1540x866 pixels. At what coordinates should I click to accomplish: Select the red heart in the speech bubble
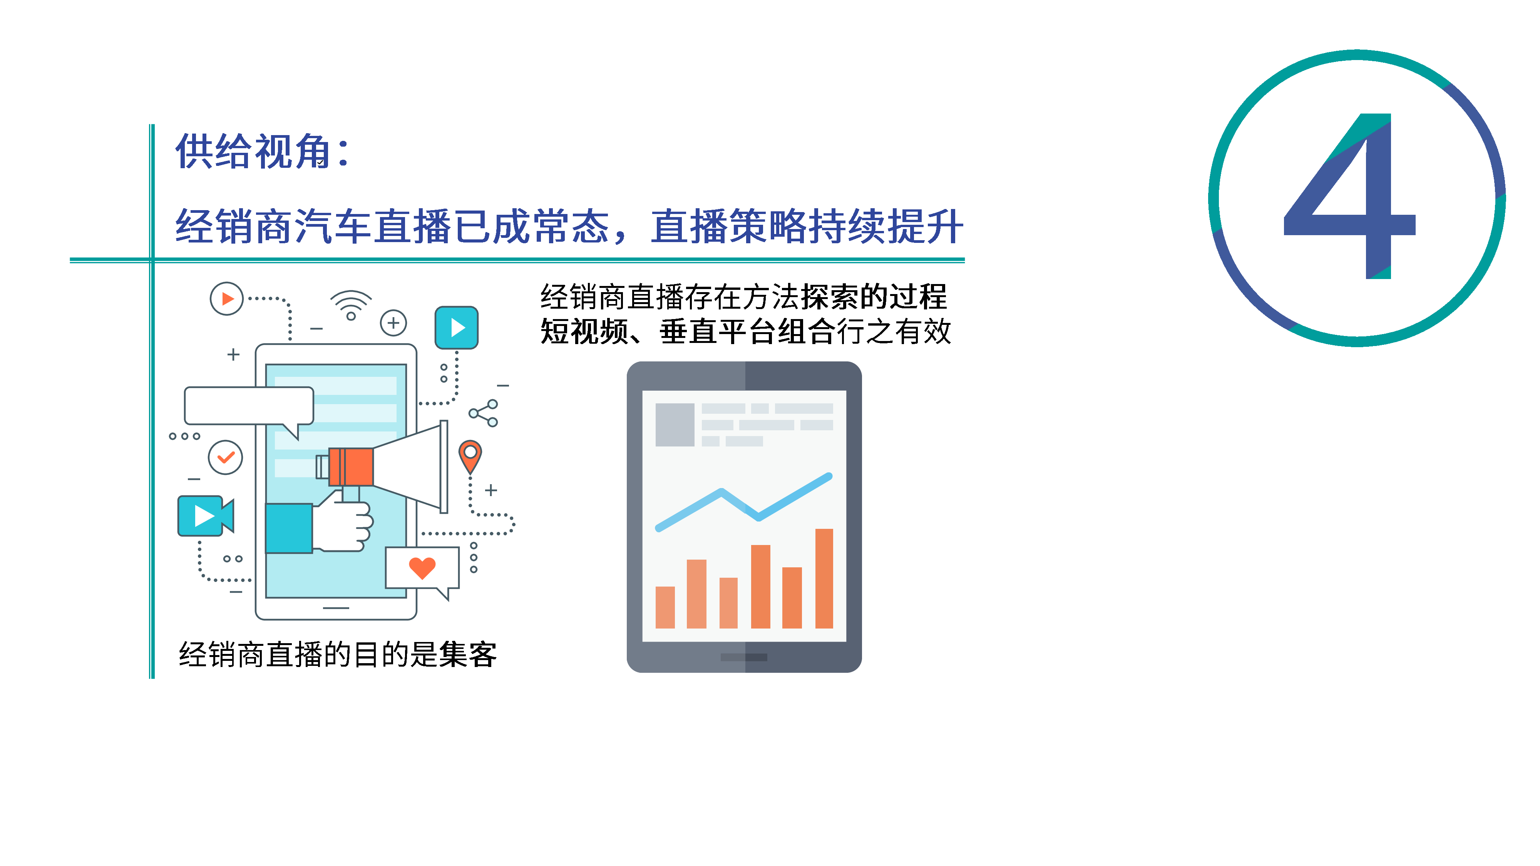point(422,568)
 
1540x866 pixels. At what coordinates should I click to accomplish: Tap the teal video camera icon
point(206,516)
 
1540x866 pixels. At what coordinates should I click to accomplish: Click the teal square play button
point(457,328)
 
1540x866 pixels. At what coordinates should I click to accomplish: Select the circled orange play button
point(227,298)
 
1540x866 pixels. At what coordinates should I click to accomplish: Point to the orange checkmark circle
point(225,458)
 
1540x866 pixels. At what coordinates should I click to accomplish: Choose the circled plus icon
point(393,323)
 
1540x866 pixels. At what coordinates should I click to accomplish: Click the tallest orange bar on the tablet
point(824,578)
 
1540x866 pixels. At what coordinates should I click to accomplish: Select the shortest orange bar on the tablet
point(665,607)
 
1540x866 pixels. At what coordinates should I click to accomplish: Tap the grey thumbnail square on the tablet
point(675,424)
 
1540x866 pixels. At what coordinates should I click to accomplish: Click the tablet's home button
point(744,657)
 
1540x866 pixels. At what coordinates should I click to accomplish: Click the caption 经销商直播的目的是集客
point(338,654)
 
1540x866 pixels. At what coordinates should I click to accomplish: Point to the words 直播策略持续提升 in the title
point(807,227)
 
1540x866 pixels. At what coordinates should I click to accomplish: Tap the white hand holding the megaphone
point(341,520)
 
